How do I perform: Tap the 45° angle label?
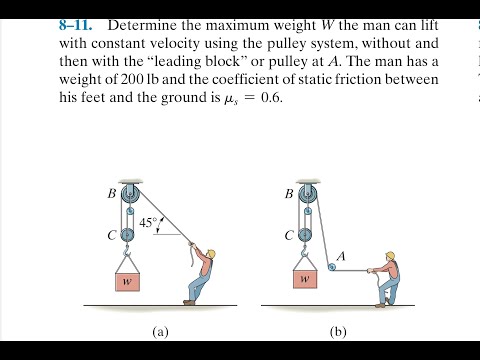[148, 223]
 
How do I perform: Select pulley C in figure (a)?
[127, 235]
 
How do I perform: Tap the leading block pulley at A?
[330, 266]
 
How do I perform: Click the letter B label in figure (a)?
[111, 194]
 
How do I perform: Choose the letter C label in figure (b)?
[290, 237]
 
